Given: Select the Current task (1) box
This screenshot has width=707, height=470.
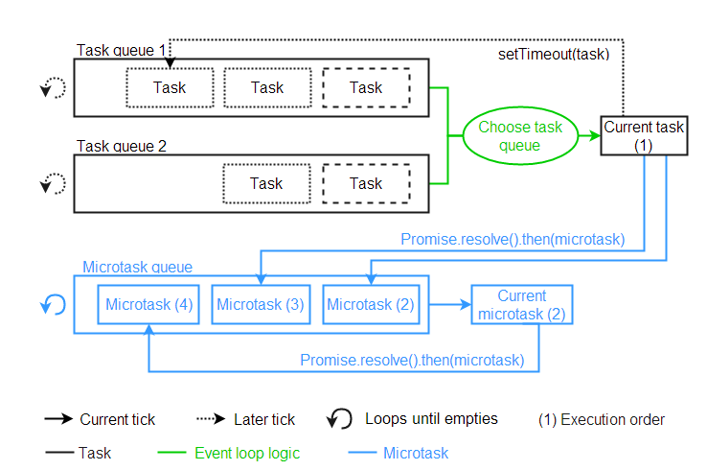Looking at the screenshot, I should click(643, 136).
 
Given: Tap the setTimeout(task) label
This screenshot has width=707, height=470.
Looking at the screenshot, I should click(554, 54).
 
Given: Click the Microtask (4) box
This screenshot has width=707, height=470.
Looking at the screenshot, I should click(149, 305).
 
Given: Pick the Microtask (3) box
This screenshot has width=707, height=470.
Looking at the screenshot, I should click(260, 305).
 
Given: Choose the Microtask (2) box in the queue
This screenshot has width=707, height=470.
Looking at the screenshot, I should click(371, 305).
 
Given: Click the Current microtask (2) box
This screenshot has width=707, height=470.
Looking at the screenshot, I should click(522, 305).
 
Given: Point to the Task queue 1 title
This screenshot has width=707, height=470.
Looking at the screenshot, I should click(122, 50).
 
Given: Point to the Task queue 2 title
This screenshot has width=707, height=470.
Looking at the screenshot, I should click(122, 147).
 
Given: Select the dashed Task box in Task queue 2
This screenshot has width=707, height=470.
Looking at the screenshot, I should click(366, 184).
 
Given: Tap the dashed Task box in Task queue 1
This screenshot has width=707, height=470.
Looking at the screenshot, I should click(366, 88).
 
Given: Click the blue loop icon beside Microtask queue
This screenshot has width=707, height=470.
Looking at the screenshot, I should click(54, 305).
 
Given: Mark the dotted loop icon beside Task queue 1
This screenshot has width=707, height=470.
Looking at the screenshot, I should click(54, 88).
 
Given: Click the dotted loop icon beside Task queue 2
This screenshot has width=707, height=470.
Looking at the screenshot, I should click(54, 184).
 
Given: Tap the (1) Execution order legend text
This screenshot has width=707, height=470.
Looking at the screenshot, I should click(602, 419).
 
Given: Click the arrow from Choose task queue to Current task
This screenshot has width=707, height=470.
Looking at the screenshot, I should click(589, 136).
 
